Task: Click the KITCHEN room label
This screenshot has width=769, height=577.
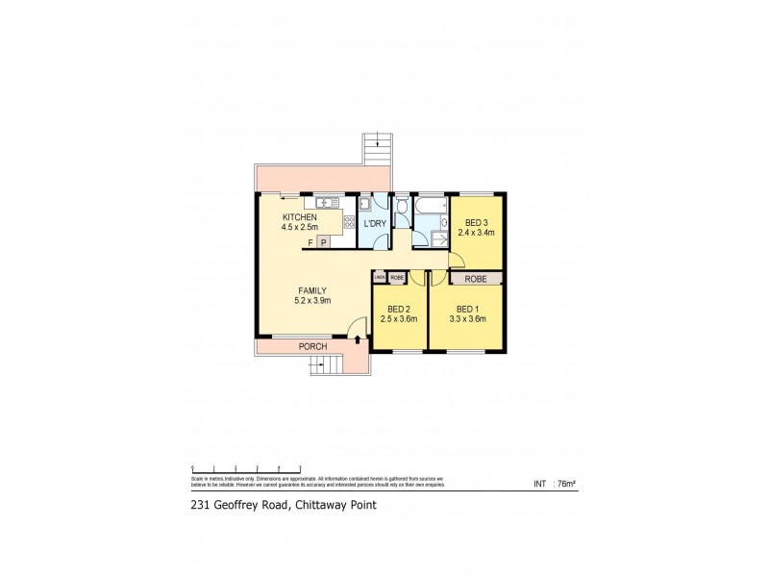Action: tap(299, 218)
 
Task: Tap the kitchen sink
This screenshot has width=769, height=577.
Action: tap(324, 202)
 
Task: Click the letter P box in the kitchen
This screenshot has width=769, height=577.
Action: tap(323, 242)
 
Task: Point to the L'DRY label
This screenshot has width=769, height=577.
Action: tap(375, 224)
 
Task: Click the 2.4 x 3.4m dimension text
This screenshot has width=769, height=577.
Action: tap(475, 233)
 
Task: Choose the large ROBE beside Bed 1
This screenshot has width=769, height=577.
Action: tap(477, 279)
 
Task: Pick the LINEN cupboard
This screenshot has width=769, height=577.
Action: tap(380, 278)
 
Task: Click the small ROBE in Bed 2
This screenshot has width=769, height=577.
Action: tap(397, 278)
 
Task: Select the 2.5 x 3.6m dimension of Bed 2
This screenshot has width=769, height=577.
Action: tap(399, 318)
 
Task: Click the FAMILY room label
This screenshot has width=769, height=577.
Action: tap(312, 290)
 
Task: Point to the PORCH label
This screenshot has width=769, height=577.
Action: tap(312, 346)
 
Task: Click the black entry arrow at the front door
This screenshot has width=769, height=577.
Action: tap(358, 339)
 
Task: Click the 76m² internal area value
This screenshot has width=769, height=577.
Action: tap(565, 484)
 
